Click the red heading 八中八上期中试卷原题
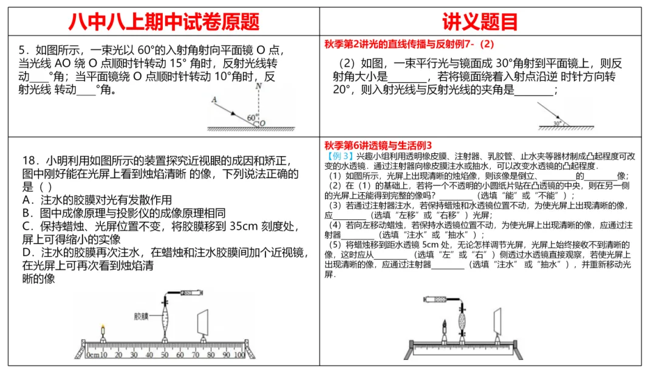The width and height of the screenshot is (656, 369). tap(163, 22)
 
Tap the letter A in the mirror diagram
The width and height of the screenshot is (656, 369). tap(214, 99)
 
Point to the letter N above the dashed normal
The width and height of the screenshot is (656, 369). tap(259, 86)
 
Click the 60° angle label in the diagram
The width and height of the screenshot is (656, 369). tap(253, 116)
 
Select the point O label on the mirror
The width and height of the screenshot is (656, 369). tap(262, 123)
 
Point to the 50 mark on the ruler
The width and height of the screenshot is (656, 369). tap(164, 354)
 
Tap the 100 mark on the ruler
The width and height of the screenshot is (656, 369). tap(241, 354)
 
